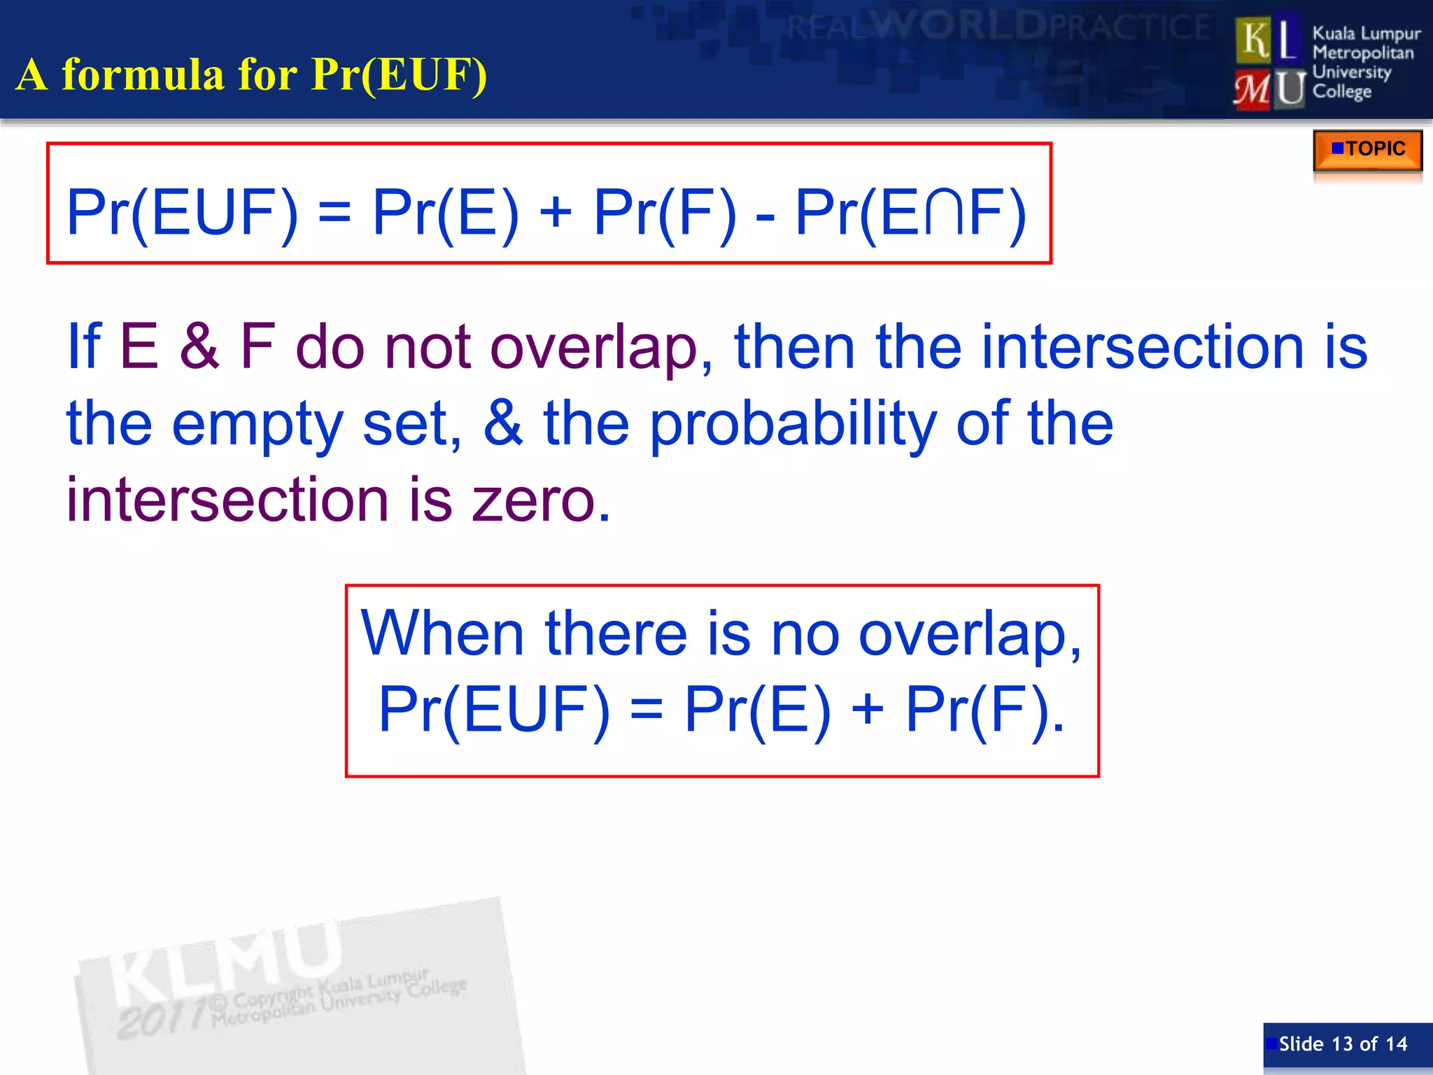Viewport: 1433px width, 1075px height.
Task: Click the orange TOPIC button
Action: click(x=1367, y=149)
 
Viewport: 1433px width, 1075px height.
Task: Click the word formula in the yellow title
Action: click(x=143, y=74)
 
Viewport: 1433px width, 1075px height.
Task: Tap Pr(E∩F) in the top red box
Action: click(x=910, y=213)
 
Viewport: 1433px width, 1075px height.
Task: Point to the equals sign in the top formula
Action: click(x=334, y=213)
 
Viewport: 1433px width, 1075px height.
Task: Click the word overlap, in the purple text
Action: click(x=601, y=349)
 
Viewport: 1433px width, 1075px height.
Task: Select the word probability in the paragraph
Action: click(x=793, y=425)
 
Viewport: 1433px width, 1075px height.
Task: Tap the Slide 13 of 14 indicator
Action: click(x=1343, y=1044)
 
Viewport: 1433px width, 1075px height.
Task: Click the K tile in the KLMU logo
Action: click(x=1254, y=41)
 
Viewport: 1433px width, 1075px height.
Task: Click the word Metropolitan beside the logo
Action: click(x=1362, y=53)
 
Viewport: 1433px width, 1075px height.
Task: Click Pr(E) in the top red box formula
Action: click(x=446, y=213)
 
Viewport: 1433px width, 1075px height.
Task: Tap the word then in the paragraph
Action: click(x=795, y=349)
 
